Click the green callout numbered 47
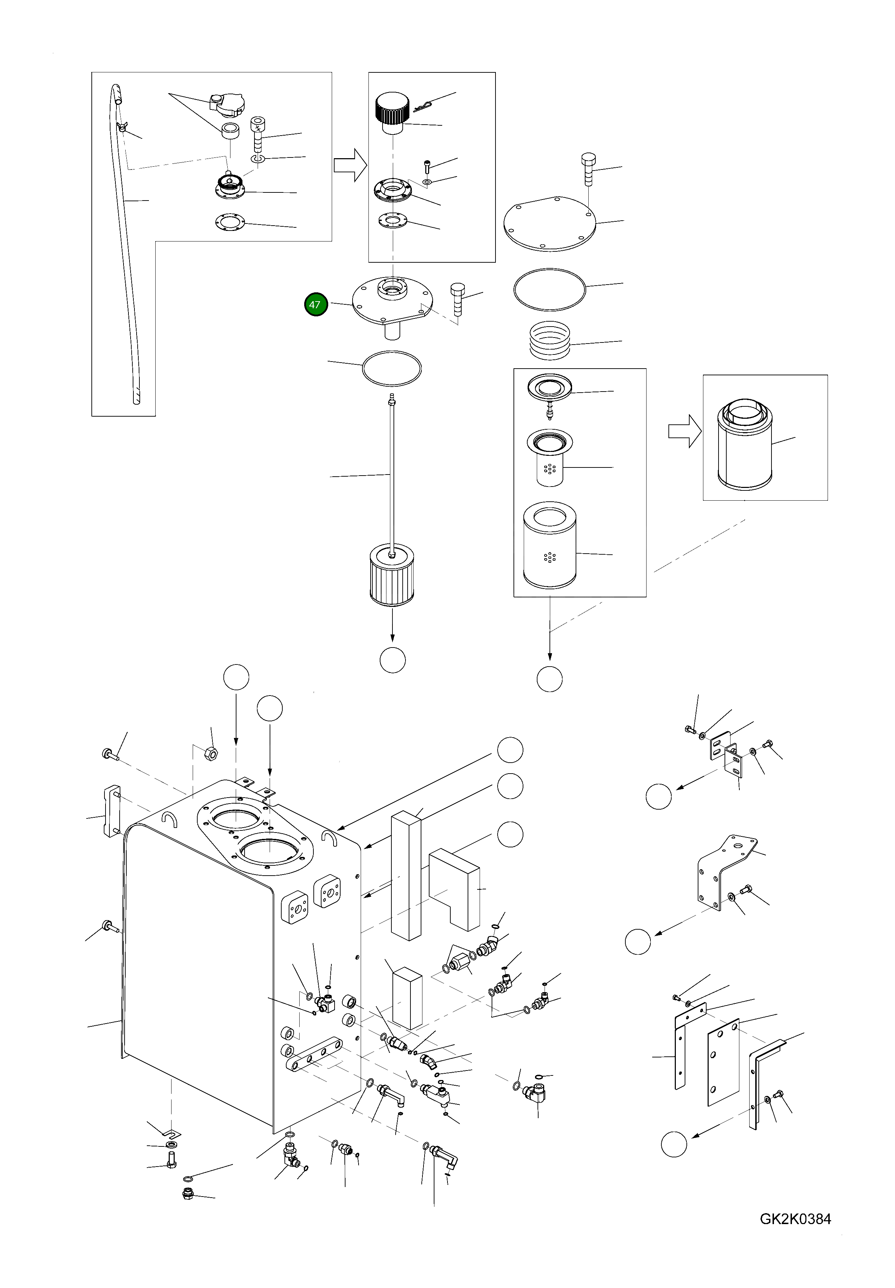point(315,305)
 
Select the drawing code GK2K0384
point(795,1234)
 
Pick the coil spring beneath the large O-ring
point(550,340)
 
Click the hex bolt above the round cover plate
point(588,168)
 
